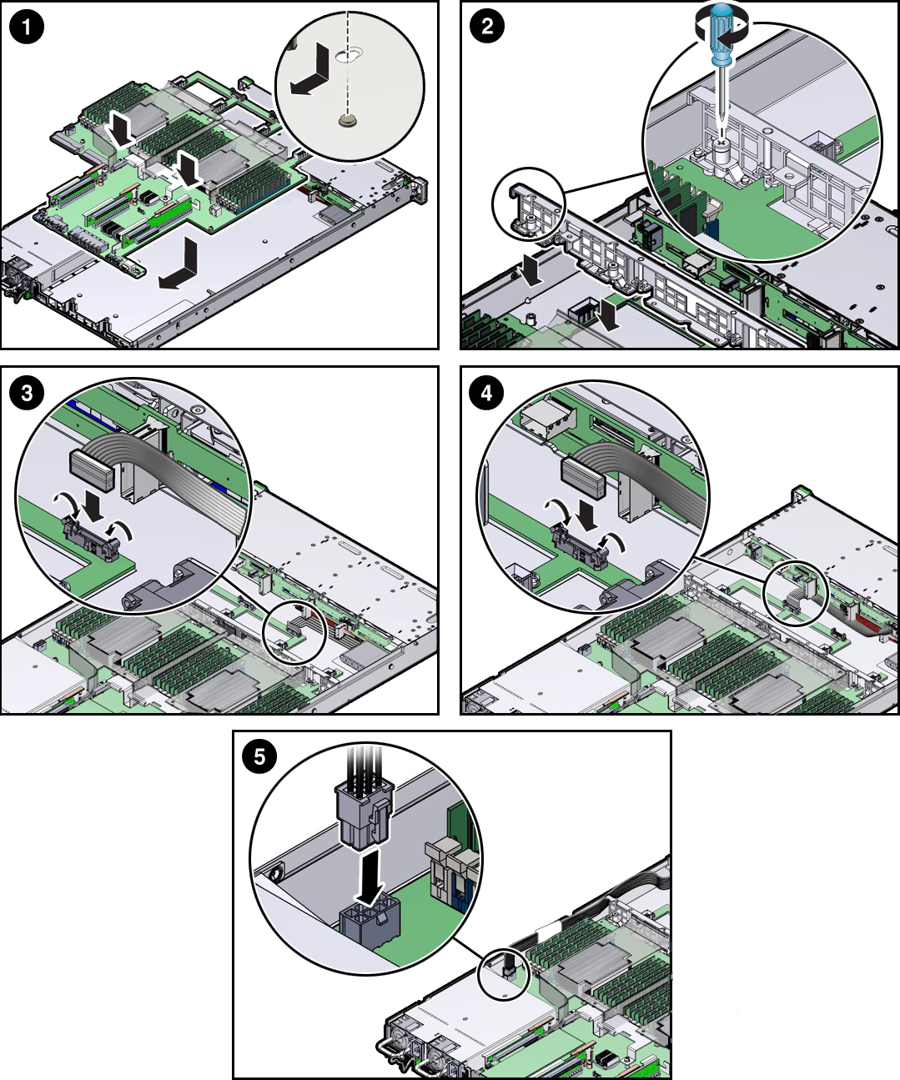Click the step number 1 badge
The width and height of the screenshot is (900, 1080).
click(x=27, y=27)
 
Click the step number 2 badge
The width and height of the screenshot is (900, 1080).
click(x=487, y=27)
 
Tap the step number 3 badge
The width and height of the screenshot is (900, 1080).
click(x=27, y=393)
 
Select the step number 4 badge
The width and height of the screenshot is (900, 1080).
click(x=487, y=393)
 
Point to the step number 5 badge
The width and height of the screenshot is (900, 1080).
click(x=259, y=756)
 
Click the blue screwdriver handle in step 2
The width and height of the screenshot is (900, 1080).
click(x=721, y=34)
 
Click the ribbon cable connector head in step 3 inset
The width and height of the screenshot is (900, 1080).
click(x=91, y=470)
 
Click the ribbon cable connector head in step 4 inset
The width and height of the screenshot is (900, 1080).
click(x=583, y=478)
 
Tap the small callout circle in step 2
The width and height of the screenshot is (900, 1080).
click(x=529, y=203)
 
